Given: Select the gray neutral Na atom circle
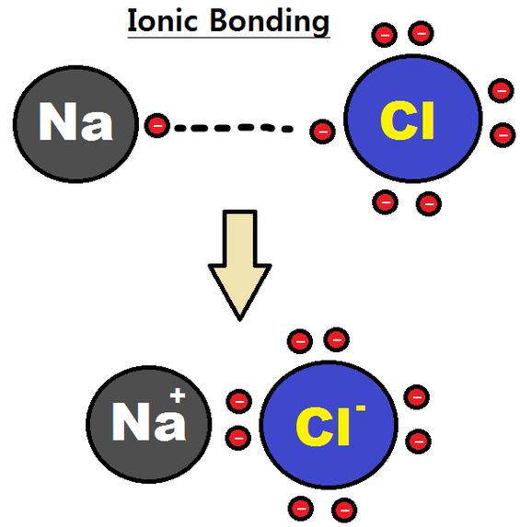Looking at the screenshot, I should [76, 123].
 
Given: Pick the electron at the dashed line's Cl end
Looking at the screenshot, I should [321, 132].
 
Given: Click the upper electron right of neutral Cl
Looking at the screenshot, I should [502, 90].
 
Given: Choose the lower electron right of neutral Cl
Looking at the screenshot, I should [503, 135].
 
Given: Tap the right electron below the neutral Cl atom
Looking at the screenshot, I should [427, 202].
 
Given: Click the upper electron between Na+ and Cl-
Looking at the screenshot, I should [239, 401].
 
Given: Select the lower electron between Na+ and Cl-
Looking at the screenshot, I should [239, 437].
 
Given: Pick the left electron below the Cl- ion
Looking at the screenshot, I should [300, 506].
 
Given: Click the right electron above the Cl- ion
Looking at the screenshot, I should [337, 339].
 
